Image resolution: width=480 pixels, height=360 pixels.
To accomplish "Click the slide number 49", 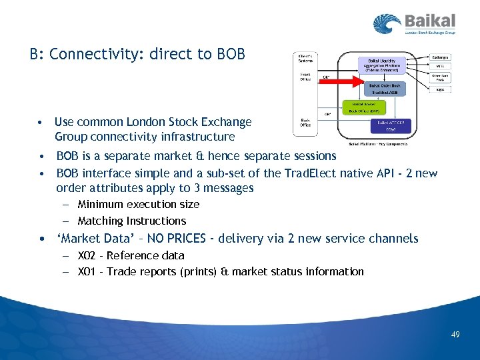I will [x=455, y=334].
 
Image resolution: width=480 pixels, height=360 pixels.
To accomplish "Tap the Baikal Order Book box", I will [x=381, y=87].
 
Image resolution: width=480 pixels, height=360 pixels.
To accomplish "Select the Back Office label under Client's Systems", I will [x=305, y=122].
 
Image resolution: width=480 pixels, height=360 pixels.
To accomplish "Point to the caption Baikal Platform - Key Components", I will [x=377, y=143].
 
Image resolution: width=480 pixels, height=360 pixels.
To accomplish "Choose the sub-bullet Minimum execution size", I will [x=138, y=204].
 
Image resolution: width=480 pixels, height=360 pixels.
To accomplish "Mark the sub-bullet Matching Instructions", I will [x=131, y=221].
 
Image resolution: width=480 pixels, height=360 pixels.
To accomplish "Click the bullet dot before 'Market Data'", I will [x=41, y=239].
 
